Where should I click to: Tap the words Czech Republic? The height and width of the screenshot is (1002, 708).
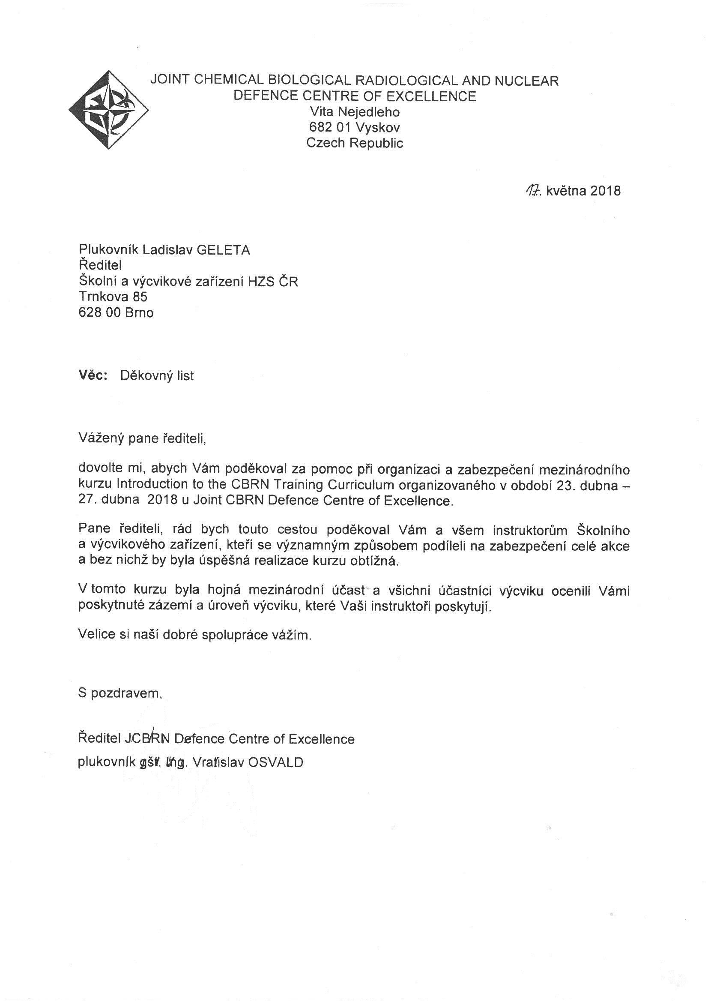coord(354,143)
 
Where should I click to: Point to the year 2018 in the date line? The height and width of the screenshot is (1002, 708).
coord(606,191)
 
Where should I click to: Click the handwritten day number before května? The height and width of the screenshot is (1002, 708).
coord(533,190)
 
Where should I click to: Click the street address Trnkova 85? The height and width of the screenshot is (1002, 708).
coord(113,297)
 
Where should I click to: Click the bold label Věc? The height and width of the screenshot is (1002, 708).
coord(93,375)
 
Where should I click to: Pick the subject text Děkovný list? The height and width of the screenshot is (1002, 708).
coord(157,376)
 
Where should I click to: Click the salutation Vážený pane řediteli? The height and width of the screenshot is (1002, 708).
coord(141,438)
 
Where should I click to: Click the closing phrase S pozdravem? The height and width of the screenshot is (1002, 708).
coord(119,693)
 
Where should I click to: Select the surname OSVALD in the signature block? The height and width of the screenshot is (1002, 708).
coord(275,762)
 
